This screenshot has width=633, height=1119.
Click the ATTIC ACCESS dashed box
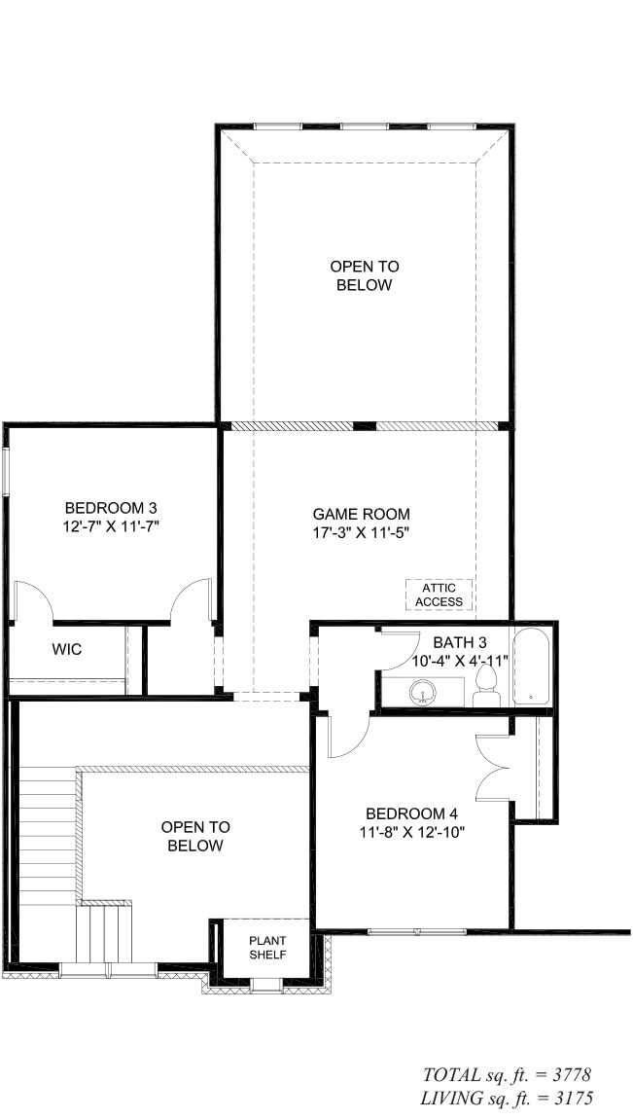pyautogui.click(x=440, y=595)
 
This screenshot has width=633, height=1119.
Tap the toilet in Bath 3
pyautogui.click(x=489, y=685)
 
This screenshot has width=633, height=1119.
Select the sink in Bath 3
pyautogui.click(x=423, y=692)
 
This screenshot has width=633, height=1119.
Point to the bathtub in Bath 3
pyautogui.click(x=531, y=668)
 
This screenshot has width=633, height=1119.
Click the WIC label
pyautogui.click(x=67, y=649)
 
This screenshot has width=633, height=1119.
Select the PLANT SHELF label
pyautogui.click(x=268, y=948)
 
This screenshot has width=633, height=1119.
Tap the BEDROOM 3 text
pyautogui.click(x=111, y=508)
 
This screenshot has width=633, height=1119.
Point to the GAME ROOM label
pyautogui.click(x=362, y=514)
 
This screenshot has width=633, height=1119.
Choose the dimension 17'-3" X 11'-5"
pyautogui.click(x=362, y=532)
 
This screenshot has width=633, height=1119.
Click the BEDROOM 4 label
pyautogui.click(x=411, y=813)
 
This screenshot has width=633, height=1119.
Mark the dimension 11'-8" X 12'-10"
pyautogui.click(x=411, y=832)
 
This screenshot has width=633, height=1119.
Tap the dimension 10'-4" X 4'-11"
pyautogui.click(x=460, y=661)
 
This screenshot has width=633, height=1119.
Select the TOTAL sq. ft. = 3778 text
pyautogui.click(x=507, y=1074)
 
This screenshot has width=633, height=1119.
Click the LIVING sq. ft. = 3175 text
pyautogui.click(x=507, y=1098)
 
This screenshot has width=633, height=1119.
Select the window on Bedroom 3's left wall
pyautogui.click(x=7, y=471)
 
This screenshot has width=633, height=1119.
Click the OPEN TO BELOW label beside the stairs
pyautogui.click(x=195, y=837)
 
